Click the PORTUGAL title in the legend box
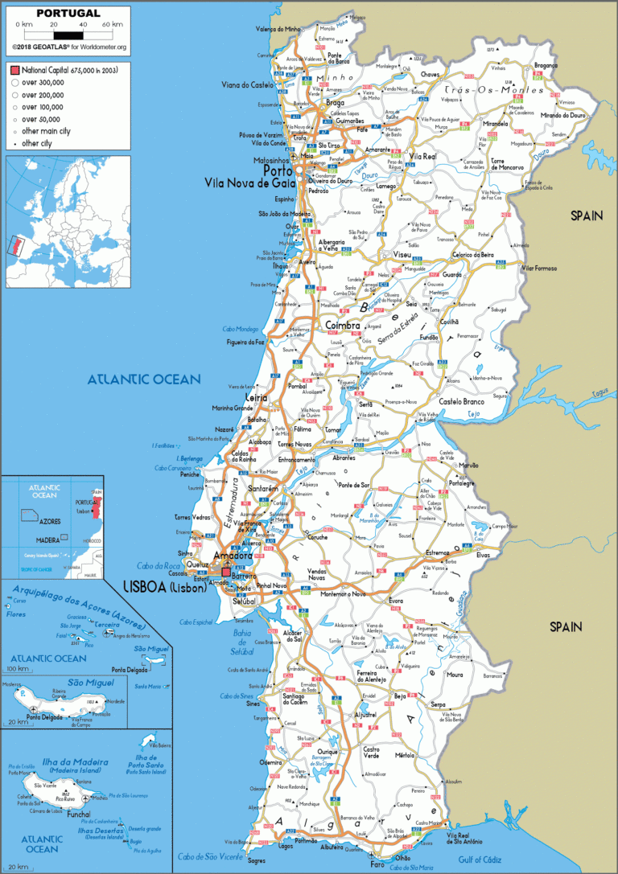click(x=57, y=13)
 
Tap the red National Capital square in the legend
click(x=14, y=71)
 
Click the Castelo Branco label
click(x=461, y=400)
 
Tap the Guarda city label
click(x=451, y=274)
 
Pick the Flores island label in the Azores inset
click(x=16, y=613)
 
